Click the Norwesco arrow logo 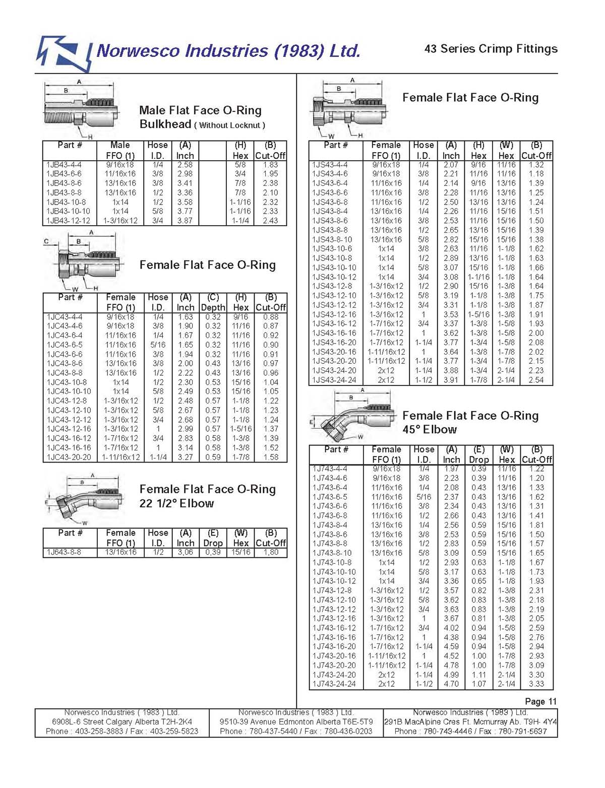pos(64,53)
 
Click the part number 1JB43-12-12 pos(68,221)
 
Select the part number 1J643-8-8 pos(64,552)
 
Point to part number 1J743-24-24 pos(334,684)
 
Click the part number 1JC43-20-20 pos(69,457)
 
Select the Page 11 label pos(540,701)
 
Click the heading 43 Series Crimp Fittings pos(491,49)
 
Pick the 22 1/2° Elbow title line pos(176,503)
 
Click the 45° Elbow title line pos(430,430)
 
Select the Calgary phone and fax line pos(122,731)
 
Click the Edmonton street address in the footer pos(296,721)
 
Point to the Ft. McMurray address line pos(470,721)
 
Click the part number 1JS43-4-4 pos(330,165)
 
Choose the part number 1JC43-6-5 pos(65,345)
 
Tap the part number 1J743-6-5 pos(330,497)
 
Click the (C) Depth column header pos(213,302)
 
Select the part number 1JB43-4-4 pos(64,165)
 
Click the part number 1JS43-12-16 pos(334,314)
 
